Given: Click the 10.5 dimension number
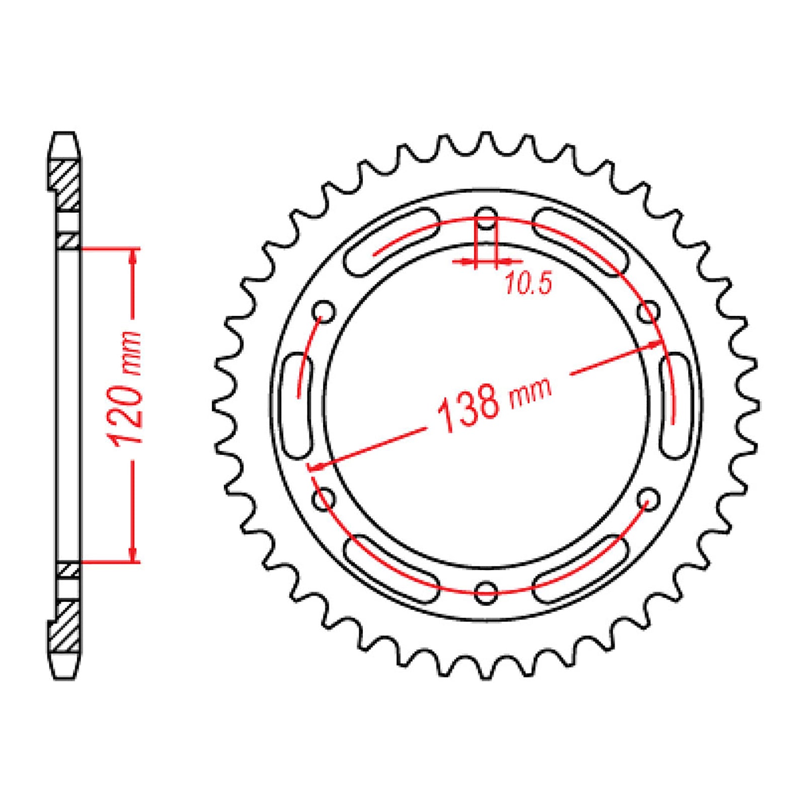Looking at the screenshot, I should point(528,283).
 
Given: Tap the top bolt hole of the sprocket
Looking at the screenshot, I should point(486,218).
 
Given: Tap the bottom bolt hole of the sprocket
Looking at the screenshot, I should point(486,592).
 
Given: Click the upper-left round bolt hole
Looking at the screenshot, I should point(324,311).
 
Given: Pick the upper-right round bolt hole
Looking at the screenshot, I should point(648,311).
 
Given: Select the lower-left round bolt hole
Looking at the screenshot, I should point(324,499).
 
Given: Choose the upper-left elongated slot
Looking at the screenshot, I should point(391,242).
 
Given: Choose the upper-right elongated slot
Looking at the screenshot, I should point(581,242).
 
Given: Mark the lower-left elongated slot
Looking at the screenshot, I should point(391,569).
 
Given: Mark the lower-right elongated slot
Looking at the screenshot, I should point(581,569).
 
